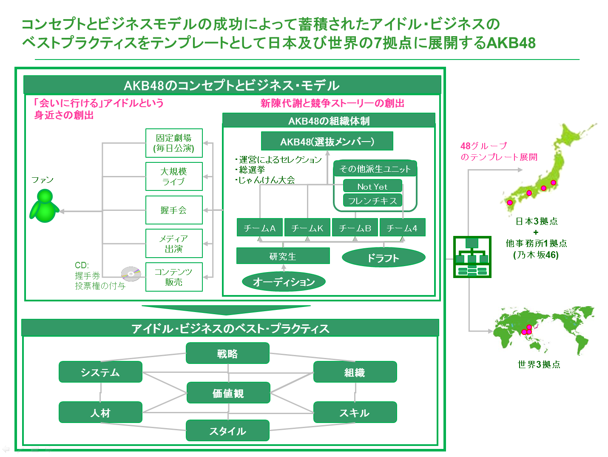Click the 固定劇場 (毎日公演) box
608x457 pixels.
click(174, 143)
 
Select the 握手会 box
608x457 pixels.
click(174, 210)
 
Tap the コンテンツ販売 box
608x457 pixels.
click(174, 277)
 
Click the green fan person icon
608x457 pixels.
click(44, 206)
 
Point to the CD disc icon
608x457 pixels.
click(131, 274)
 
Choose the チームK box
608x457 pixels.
click(307, 228)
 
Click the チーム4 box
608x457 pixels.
click(402, 228)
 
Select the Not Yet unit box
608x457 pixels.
click(372, 186)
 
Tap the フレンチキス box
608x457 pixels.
click(372, 201)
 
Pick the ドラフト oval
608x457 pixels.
click(384, 258)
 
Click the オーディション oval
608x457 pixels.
click(284, 281)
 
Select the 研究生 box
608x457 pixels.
click(283, 256)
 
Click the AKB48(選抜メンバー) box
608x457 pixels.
click(327, 141)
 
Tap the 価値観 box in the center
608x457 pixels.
click(228, 393)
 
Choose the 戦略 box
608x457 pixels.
click(227, 353)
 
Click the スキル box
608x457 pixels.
click(355, 412)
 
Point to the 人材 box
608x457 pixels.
click(100, 412)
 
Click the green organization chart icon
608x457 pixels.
click(472, 257)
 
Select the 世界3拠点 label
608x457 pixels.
click(539, 364)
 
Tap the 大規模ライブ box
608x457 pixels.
click(174, 176)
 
